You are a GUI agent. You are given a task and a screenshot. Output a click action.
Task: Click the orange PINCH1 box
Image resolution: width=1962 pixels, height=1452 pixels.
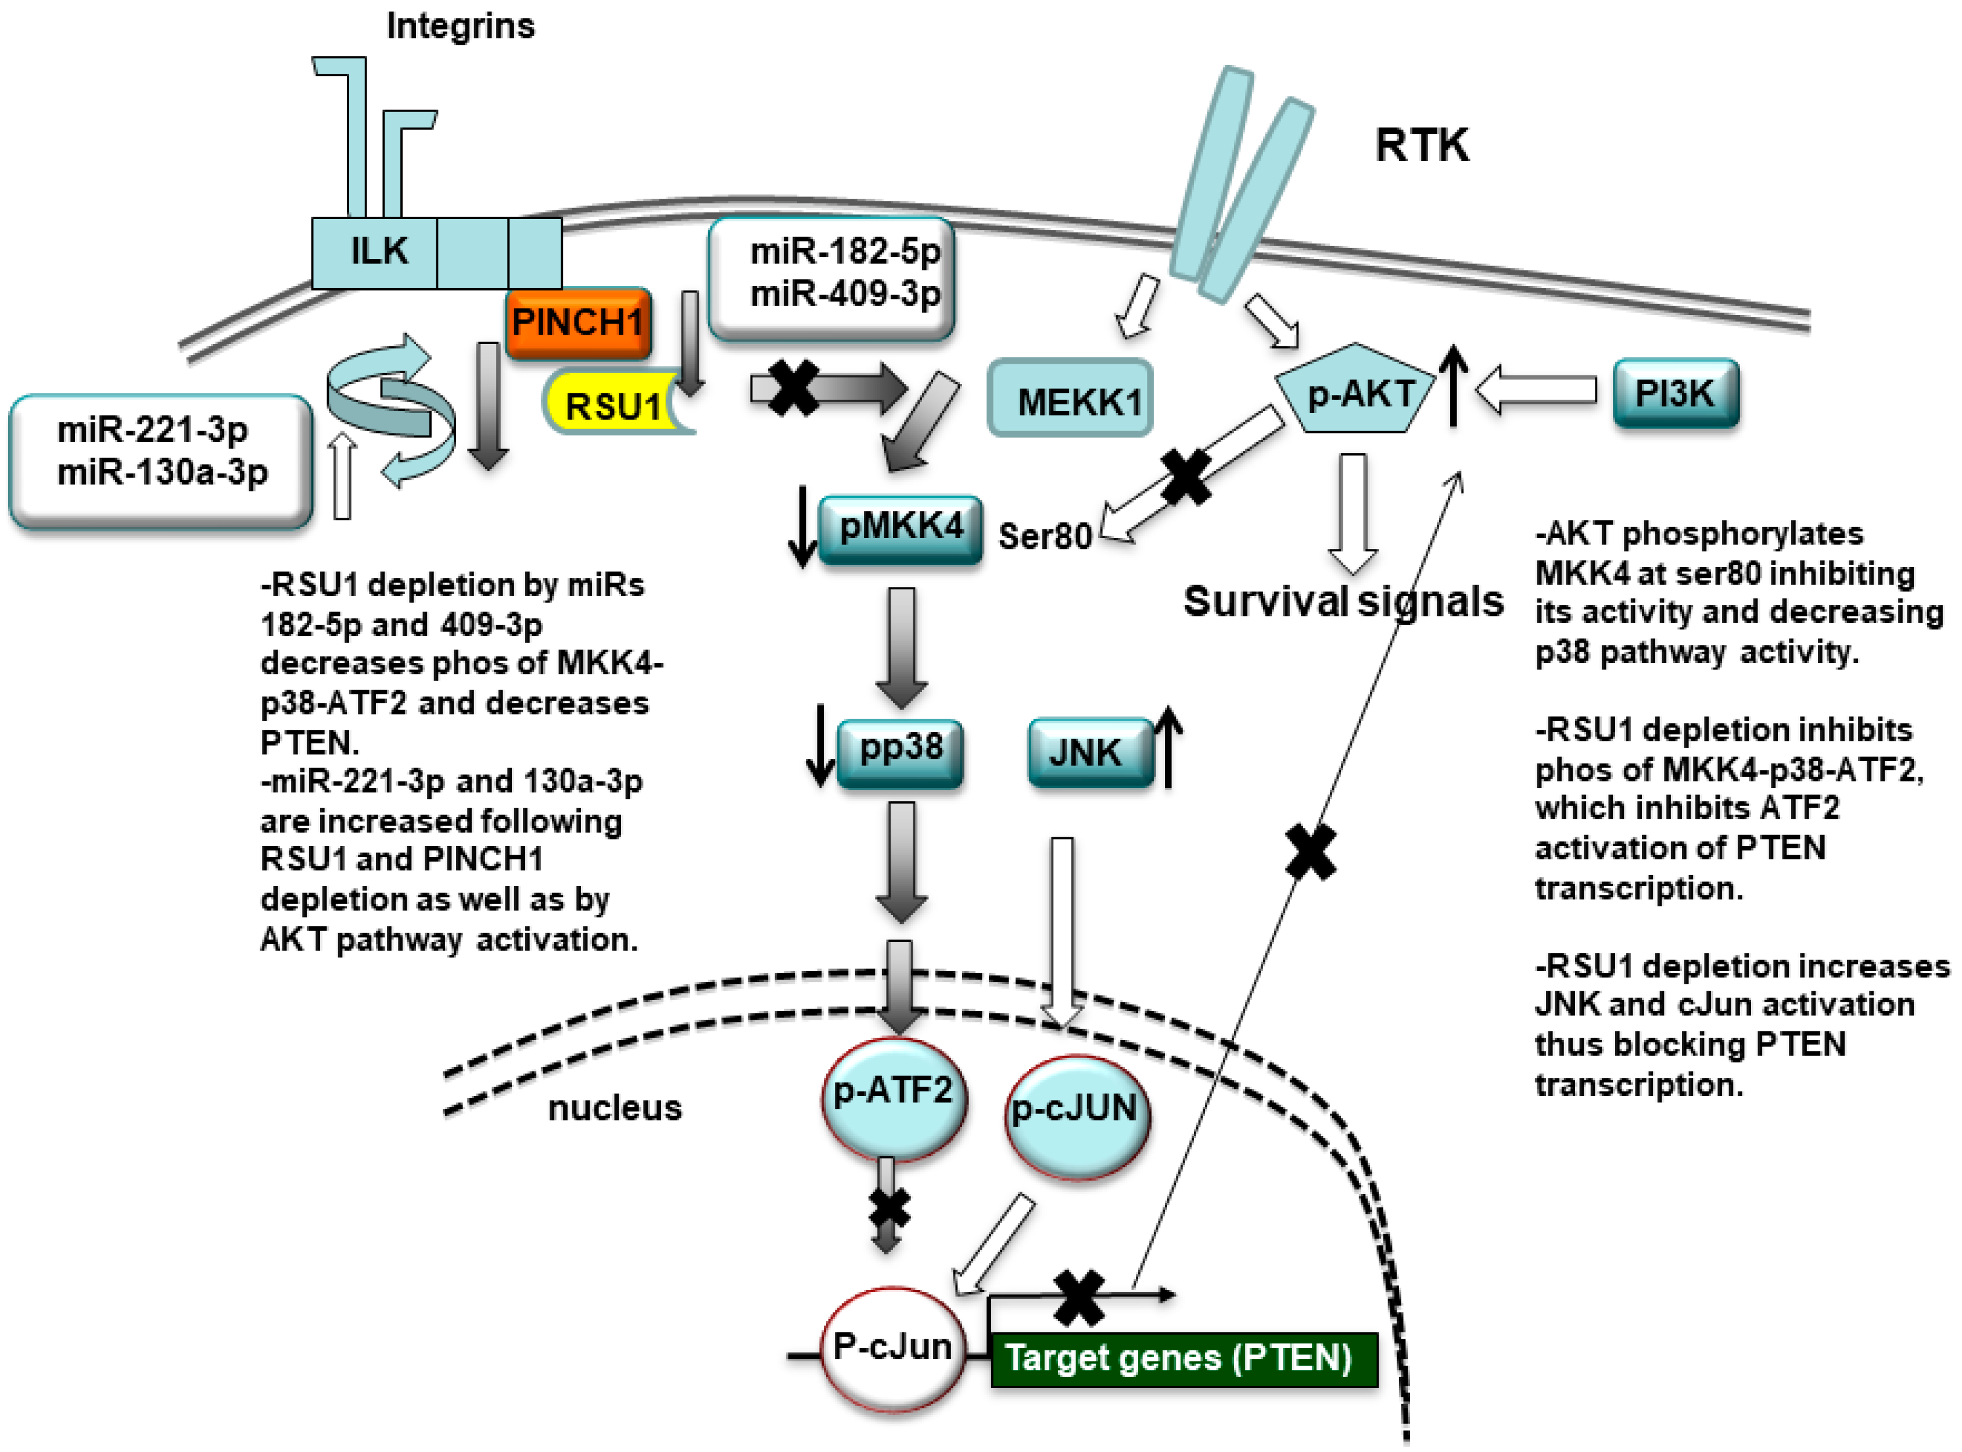(578, 322)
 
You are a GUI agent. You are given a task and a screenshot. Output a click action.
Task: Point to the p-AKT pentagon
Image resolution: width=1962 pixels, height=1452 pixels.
(1356, 389)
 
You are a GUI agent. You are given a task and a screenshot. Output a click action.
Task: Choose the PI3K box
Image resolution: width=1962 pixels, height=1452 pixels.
(1676, 393)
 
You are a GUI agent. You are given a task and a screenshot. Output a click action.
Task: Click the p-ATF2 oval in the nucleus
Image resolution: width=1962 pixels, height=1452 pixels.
(893, 1099)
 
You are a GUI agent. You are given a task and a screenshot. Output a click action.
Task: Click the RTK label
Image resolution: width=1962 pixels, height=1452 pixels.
(1422, 145)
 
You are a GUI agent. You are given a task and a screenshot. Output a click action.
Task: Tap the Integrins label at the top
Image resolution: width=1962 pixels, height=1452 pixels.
(460, 26)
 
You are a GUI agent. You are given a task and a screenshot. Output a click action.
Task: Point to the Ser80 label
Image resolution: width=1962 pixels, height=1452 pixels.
(1045, 535)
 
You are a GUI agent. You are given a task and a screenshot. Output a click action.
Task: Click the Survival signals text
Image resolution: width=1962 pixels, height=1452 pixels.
(1343, 602)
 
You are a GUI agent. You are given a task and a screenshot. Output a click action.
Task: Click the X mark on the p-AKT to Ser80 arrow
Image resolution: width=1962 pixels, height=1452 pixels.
(1185, 476)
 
